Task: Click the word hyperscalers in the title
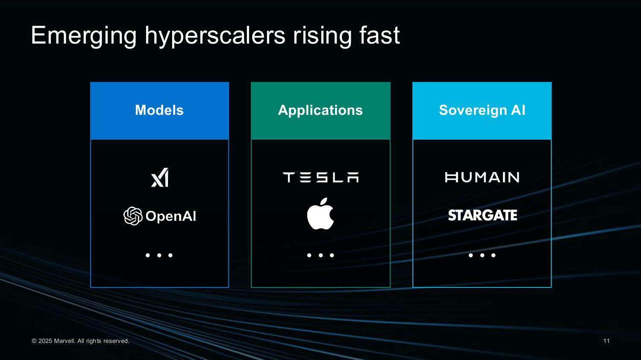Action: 215,36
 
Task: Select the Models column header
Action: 159,111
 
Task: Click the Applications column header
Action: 320,111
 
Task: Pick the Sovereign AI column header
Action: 482,111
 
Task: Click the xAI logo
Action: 160,178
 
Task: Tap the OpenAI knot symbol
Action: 133,216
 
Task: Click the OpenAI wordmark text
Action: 171,216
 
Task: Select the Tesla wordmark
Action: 320,177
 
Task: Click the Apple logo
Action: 320,214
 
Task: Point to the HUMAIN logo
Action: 482,177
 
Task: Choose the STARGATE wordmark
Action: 482,215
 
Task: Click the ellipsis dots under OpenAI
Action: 159,255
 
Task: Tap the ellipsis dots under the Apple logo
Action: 320,255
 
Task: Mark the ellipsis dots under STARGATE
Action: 482,255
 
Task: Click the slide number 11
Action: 606,341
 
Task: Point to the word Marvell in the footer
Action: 65,341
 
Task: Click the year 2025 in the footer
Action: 45,341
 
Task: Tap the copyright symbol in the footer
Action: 34,341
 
